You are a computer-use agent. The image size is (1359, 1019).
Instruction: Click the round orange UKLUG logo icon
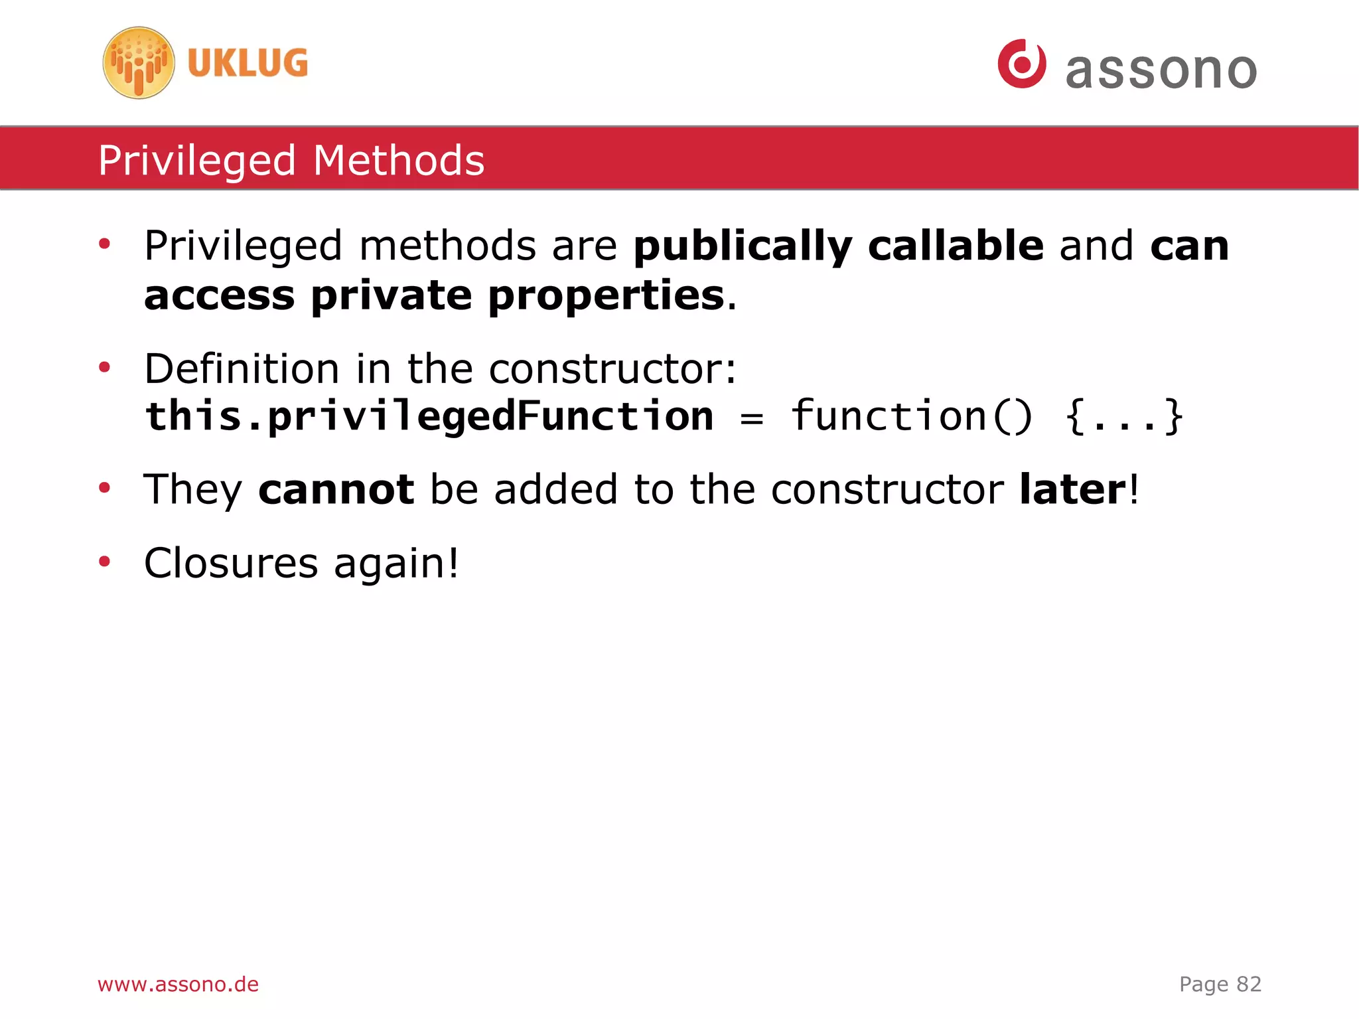[x=139, y=63]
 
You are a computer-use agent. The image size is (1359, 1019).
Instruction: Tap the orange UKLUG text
[x=248, y=63]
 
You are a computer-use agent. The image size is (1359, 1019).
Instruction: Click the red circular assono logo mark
[x=1022, y=64]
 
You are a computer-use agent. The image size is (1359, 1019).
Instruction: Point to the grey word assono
[x=1161, y=70]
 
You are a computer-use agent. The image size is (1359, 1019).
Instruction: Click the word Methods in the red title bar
[x=399, y=161]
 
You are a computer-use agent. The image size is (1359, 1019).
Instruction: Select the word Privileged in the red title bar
[x=197, y=161]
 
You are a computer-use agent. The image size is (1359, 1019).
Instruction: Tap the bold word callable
[x=956, y=246]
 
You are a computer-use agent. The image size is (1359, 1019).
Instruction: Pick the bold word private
[x=392, y=295]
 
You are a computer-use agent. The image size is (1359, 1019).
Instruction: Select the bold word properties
[x=606, y=296]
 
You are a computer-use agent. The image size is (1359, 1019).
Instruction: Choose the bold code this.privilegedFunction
[x=429, y=417]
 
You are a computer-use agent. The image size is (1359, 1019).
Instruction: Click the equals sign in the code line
[x=751, y=418]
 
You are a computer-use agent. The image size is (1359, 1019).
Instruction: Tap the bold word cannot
[x=336, y=490]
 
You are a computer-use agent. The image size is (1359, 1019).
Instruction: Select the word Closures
[x=231, y=564]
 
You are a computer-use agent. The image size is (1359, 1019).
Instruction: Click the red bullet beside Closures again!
[x=104, y=562]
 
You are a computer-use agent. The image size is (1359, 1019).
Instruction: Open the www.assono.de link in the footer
[x=178, y=984]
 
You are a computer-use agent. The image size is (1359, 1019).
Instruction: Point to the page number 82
[x=1248, y=984]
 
